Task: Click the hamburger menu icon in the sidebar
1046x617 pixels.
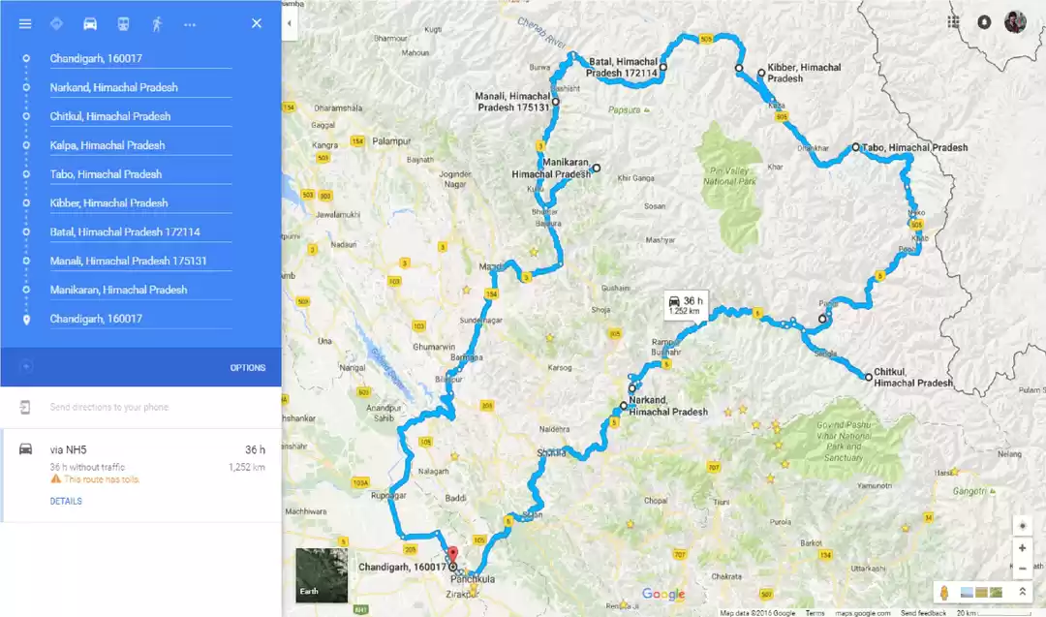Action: (25, 23)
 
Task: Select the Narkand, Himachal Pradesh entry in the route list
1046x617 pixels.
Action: (114, 87)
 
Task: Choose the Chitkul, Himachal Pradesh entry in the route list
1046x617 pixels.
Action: (110, 116)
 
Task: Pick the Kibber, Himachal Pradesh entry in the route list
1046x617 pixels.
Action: (109, 203)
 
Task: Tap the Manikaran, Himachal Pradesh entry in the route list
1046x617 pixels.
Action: (118, 290)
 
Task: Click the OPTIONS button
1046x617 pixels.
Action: (247, 368)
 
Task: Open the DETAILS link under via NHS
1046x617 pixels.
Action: (66, 502)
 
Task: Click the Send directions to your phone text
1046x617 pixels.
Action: (109, 407)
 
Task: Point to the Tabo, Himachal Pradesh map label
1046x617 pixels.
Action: (914, 147)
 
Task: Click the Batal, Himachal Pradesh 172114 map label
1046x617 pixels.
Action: (622, 67)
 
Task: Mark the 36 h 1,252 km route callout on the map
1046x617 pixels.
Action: (686, 306)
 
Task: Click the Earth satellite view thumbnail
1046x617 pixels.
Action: (322, 575)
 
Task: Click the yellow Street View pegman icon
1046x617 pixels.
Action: (944, 591)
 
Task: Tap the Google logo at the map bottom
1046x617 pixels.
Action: (662, 595)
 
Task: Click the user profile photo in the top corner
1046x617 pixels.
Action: (1014, 22)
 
